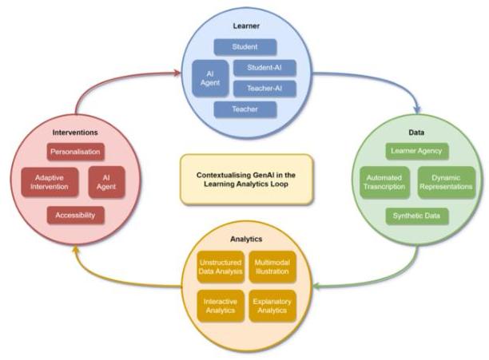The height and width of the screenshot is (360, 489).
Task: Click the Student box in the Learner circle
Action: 245,47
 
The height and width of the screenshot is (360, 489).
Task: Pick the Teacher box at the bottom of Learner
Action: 245,108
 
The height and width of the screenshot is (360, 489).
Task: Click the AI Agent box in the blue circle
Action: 210,78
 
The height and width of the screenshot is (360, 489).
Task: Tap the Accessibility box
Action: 77,214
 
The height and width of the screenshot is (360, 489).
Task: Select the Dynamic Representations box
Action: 447,182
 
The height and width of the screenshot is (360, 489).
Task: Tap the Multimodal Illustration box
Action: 272,267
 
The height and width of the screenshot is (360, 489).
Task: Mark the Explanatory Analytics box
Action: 272,305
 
